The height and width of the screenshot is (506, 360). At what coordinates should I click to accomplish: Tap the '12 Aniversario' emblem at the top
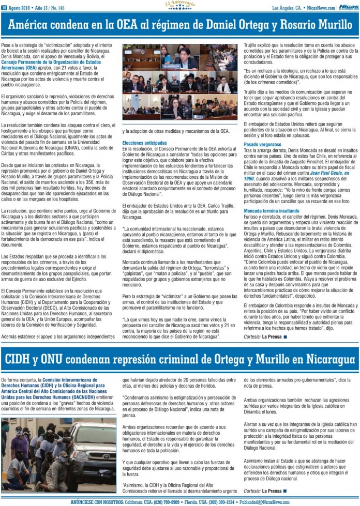(x=180, y=5)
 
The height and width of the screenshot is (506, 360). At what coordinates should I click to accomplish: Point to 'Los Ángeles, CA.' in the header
(x=288, y=7)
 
